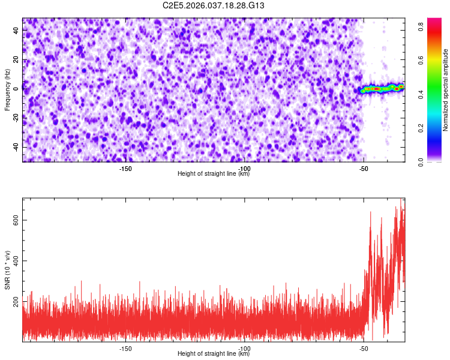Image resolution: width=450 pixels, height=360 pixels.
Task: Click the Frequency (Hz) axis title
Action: [x=7, y=90]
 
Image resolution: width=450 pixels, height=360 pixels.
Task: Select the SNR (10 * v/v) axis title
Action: [x=7, y=270]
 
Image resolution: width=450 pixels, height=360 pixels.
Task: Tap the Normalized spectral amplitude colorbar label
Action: [x=446, y=90]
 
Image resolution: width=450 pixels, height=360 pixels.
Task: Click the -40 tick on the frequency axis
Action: [x=14, y=147]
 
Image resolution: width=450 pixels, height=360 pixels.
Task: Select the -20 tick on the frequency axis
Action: [x=14, y=118]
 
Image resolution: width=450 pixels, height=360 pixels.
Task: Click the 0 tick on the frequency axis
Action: [x=18, y=88]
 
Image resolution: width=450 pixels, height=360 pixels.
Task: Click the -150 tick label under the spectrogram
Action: [x=125, y=169]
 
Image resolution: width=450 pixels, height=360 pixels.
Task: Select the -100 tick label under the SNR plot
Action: [x=244, y=348]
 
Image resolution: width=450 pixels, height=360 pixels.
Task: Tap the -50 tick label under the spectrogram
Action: [x=363, y=169]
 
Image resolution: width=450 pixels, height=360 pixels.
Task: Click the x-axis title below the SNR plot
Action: [x=214, y=354]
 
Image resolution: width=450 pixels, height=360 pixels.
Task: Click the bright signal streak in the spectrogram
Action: [x=382, y=89]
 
